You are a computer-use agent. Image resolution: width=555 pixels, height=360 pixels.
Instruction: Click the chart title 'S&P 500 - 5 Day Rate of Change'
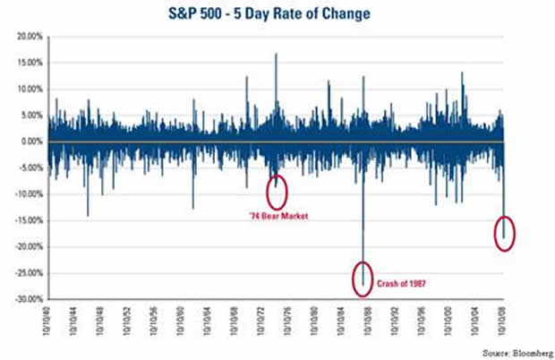click(278, 16)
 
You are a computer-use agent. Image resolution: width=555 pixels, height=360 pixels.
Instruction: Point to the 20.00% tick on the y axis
click(28, 37)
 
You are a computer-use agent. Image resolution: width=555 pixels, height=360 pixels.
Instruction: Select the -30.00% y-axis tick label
click(25, 299)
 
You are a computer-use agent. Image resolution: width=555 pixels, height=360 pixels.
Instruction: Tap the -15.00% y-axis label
click(25, 220)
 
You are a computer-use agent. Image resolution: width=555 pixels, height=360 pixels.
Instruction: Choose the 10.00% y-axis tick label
click(28, 90)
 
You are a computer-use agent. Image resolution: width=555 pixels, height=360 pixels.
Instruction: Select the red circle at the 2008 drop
click(504, 234)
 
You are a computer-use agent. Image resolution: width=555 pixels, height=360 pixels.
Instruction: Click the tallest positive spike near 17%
click(276, 56)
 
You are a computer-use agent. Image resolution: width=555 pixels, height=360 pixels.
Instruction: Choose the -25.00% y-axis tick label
click(25, 273)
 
